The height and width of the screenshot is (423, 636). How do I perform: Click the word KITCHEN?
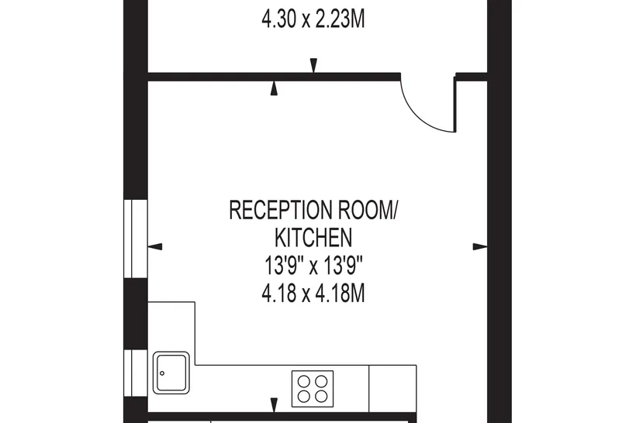click(313, 238)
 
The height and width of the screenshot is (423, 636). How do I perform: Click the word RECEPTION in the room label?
click(281, 210)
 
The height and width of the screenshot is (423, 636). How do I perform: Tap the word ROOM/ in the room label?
click(368, 210)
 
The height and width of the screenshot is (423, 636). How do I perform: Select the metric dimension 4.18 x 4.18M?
click(313, 294)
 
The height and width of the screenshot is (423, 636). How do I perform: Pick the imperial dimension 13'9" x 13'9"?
click(313, 266)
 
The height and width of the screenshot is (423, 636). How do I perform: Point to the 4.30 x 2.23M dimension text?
click(313, 19)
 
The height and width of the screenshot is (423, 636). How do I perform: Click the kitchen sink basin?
click(171, 373)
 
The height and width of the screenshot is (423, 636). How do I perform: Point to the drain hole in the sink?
click(162, 373)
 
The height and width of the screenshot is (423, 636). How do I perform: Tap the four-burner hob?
click(313, 389)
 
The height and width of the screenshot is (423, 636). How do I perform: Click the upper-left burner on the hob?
click(304, 381)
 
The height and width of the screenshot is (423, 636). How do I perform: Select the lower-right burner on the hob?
click(322, 396)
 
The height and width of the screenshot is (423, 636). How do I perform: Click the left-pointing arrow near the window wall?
click(155, 246)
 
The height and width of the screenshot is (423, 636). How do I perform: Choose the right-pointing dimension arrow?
click(480, 246)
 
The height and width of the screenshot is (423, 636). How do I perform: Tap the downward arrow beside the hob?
click(275, 404)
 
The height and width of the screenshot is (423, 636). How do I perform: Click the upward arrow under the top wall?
click(275, 88)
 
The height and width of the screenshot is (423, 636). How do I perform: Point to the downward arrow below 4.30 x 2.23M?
click(313, 66)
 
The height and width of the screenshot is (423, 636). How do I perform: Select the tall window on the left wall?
click(136, 239)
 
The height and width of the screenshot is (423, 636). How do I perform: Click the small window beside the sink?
click(136, 373)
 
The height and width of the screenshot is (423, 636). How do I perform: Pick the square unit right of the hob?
click(392, 389)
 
